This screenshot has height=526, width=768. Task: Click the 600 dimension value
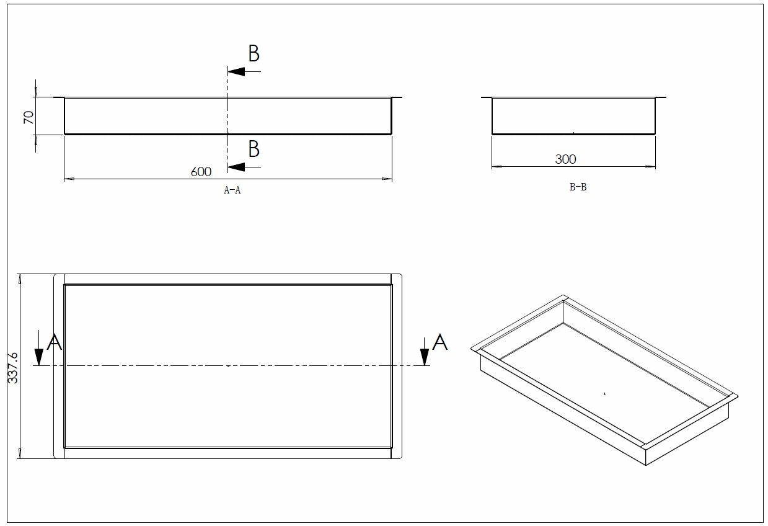point(201,172)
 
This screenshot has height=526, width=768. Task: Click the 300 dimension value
point(565,159)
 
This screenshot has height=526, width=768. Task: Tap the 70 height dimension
point(29,117)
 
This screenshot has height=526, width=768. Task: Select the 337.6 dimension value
point(12,368)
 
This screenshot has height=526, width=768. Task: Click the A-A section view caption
point(232,190)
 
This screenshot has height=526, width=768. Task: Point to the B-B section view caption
point(578,187)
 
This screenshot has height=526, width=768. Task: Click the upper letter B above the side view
point(254,53)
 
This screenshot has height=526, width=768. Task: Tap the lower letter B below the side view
point(254,149)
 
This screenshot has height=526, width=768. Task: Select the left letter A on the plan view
point(54,342)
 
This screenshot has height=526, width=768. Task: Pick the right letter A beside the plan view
point(440,342)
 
